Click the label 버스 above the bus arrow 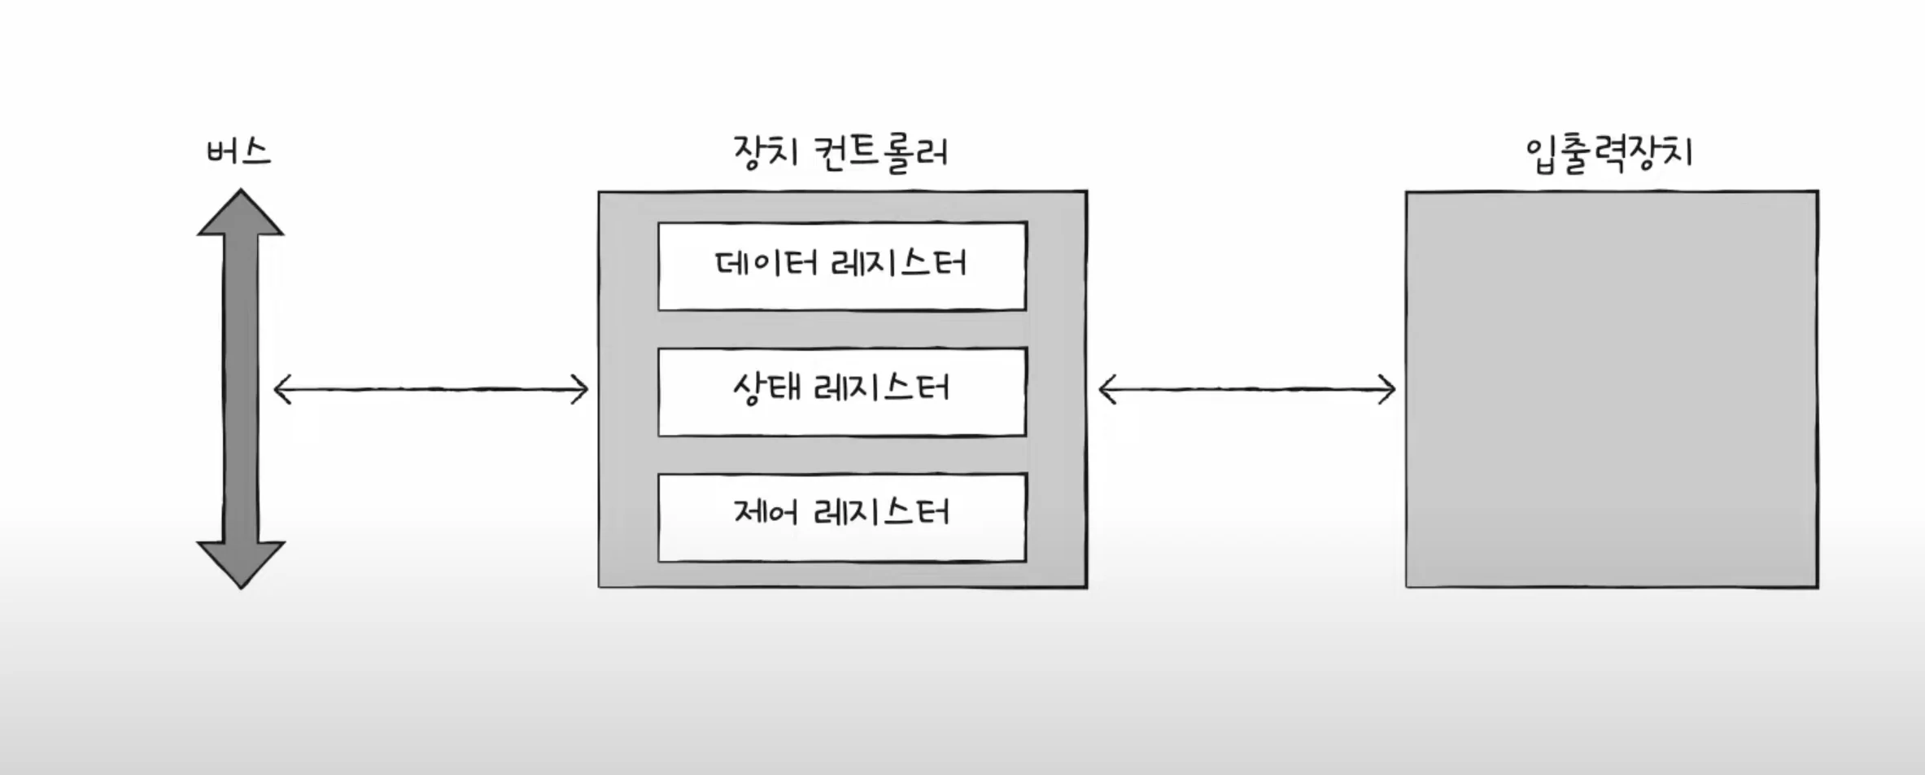[238, 152]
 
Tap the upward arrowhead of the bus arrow [241, 214]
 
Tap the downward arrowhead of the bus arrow [241, 563]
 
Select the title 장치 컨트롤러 [841, 152]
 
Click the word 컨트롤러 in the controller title [882, 152]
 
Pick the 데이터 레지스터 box [842, 266]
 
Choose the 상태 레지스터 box [842, 392]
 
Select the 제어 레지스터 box [842, 517]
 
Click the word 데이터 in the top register [766, 264]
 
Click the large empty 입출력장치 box [1612, 389]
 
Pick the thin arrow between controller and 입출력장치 [1247, 390]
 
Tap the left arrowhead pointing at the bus [282, 390]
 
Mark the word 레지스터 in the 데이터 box [899, 264]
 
